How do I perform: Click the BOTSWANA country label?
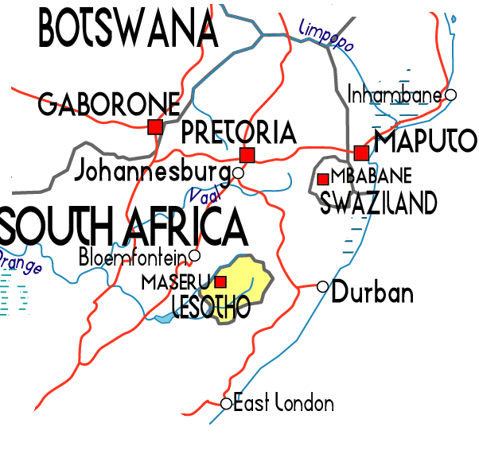click(x=127, y=29)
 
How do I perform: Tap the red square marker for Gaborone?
click(x=155, y=126)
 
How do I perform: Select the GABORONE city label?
click(x=109, y=103)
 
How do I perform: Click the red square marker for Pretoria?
click(x=247, y=154)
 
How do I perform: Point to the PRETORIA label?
click(x=239, y=133)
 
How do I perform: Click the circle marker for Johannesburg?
click(x=238, y=172)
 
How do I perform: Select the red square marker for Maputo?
click(x=362, y=153)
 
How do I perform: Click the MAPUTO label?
click(x=426, y=142)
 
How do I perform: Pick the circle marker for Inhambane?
click(x=450, y=95)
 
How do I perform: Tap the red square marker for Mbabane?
click(x=322, y=180)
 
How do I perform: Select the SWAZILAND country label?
click(x=378, y=204)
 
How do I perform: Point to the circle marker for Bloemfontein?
click(x=194, y=255)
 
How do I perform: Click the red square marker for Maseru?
click(x=221, y=281)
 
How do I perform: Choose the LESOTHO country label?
click(x=210, y=306)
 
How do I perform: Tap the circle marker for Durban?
click(x=322, y=286)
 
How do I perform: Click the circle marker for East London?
click(x=226, y=404)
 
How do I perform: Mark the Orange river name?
click(x=21, y=262)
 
